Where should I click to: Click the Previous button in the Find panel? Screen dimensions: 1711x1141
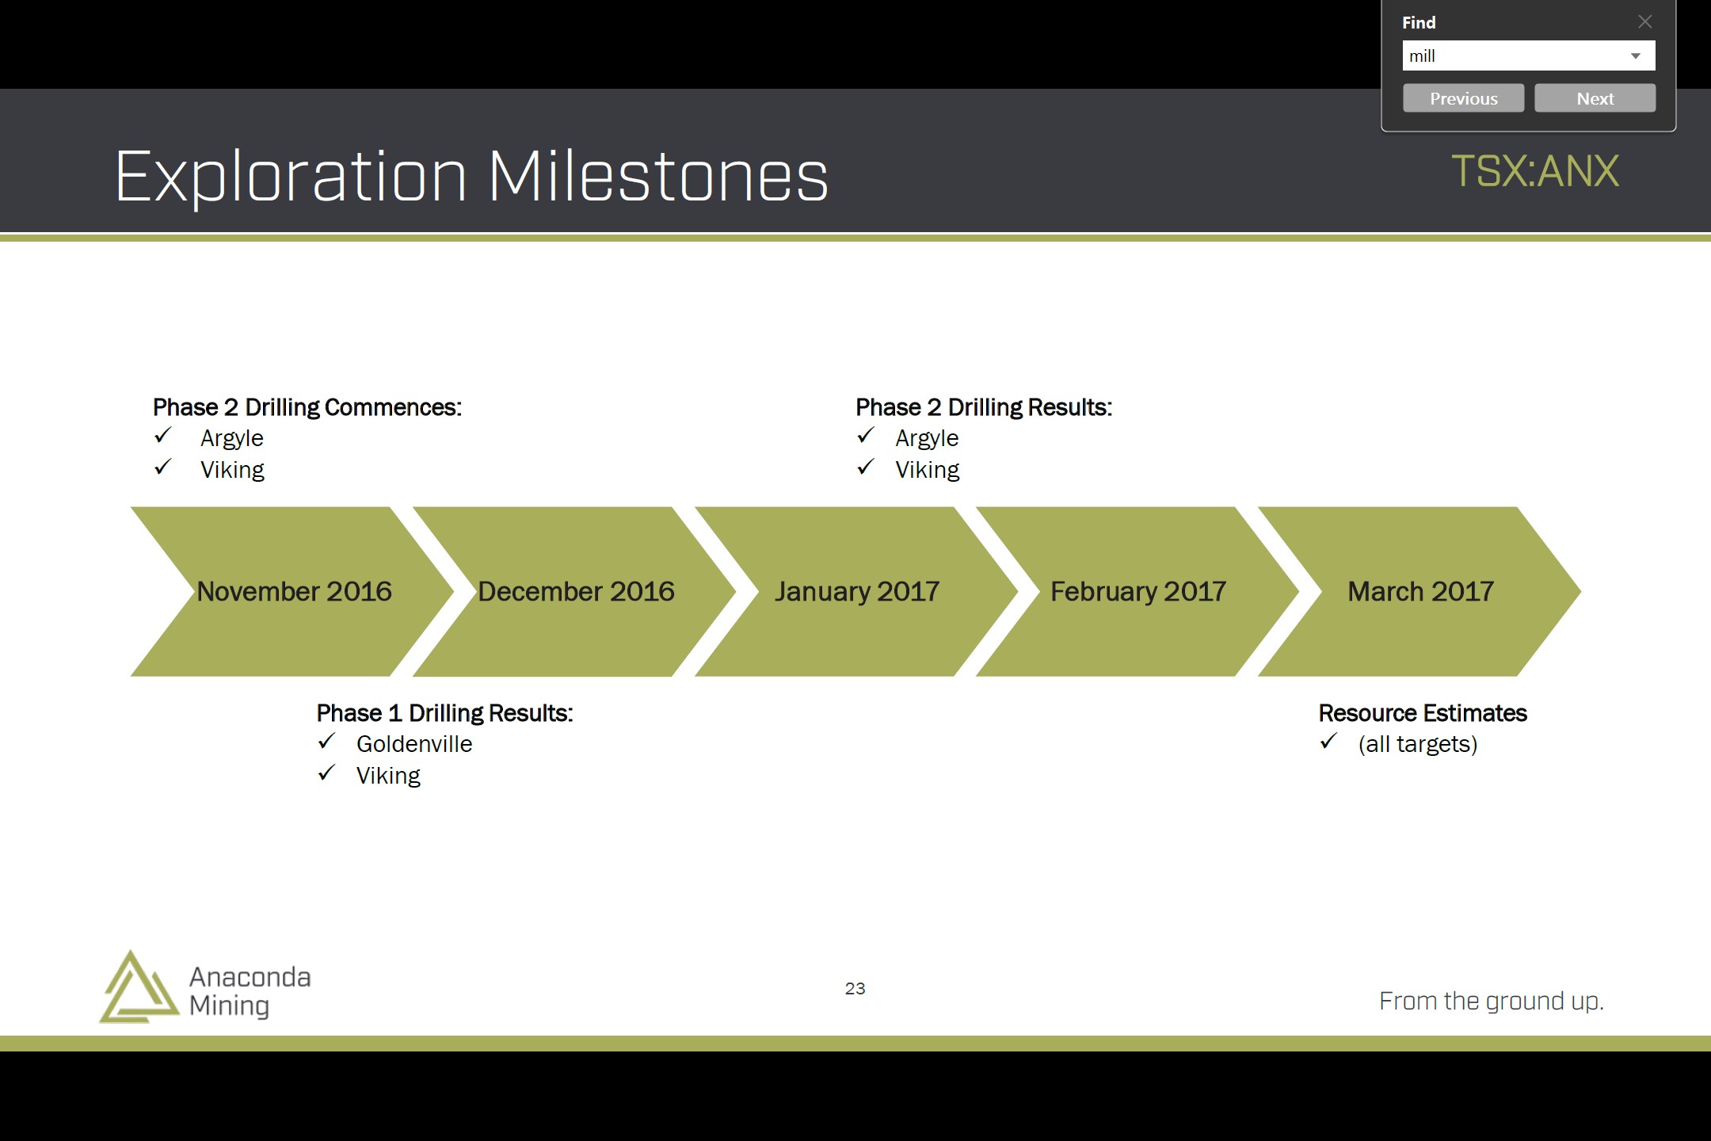(x=1463, y=98)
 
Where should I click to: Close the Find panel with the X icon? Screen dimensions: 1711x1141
(x=1645, y=21)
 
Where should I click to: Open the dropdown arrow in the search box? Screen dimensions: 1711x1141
(x=1635, y=56)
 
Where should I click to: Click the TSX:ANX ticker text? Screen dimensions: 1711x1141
(x=1535, y=171)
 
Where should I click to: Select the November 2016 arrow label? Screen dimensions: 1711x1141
(x=294, y=591)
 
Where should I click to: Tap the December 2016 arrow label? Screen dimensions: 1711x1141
(x=576, y=591)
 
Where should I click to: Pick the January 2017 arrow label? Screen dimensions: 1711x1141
(x=857, y=592)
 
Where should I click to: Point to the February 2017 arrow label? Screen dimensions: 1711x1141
(x=1138, y=592)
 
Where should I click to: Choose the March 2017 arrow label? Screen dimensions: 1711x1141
(x=1421, y=591)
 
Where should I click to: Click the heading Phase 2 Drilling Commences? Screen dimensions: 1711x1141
(x=307, y=407)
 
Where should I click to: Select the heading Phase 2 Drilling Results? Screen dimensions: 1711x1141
(x=984, y=407)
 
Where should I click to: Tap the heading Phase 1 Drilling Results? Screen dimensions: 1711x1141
(x=444, y=713)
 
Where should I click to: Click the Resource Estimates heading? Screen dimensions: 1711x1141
(x=1423, y=713)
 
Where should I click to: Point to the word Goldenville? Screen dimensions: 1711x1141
(x=414, y=744)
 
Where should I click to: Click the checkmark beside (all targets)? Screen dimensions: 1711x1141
(x=1328, y=742)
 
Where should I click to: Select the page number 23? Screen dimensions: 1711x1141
(x=855, y=988)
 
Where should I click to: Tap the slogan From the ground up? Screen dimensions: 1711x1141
(x=1492, y=1002)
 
